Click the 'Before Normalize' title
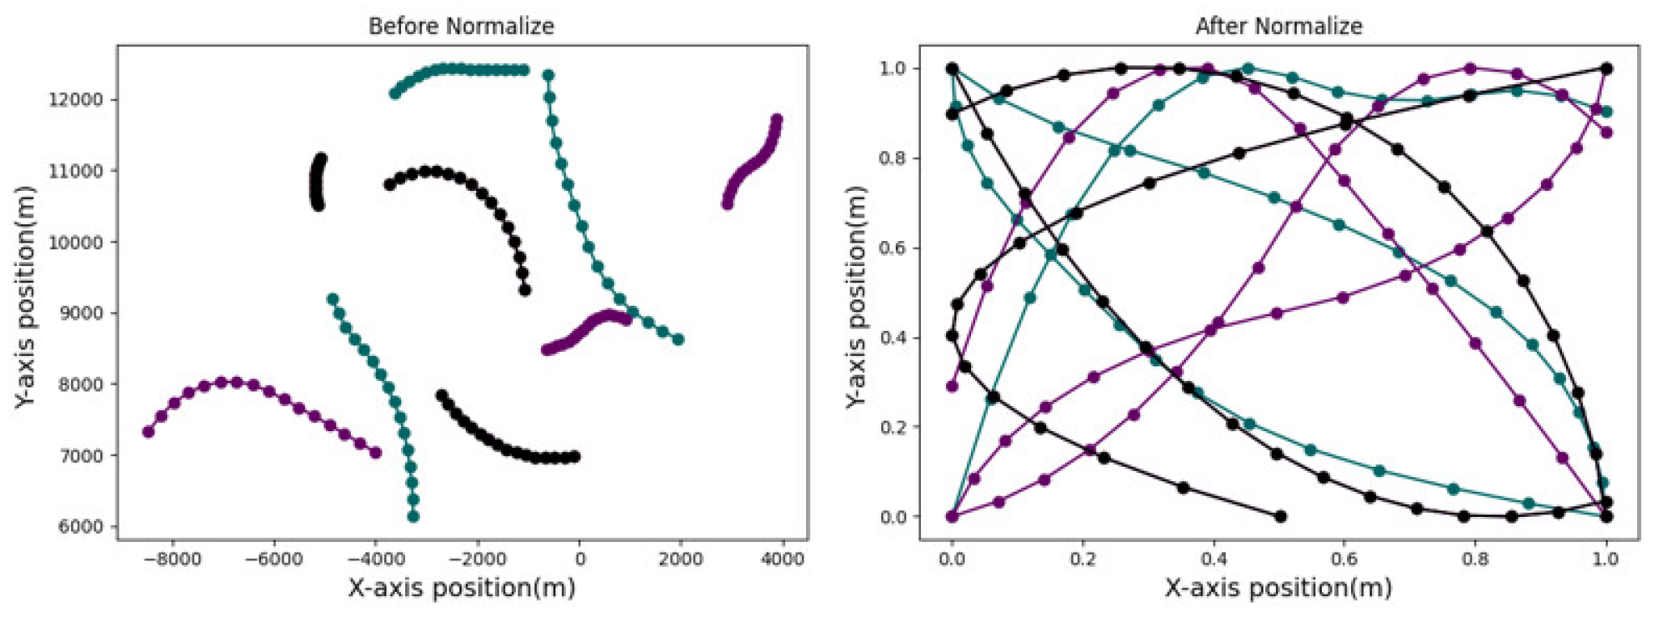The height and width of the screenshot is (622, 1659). [461, 27]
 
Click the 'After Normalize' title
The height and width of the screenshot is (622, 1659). [1278, 27]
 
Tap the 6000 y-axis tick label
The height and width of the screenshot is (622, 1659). [82, 527]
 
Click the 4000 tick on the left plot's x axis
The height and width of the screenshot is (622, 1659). [782, 560]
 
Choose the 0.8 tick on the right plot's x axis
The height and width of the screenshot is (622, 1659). [1475, 560]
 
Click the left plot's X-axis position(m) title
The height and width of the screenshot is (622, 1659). [462, 588]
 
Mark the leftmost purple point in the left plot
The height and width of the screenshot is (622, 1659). [148, 432]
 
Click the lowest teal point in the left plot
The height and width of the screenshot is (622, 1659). [414, 516]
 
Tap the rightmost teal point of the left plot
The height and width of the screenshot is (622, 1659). [678, 340]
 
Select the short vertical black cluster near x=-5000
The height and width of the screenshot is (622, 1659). [318, 182]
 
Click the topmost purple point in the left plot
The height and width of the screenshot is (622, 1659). [777, 120]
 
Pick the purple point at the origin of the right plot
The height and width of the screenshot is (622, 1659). [952, 516]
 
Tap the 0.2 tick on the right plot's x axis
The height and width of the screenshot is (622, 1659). [1083, 560]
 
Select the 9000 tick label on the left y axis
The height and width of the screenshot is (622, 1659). [82, 313]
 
